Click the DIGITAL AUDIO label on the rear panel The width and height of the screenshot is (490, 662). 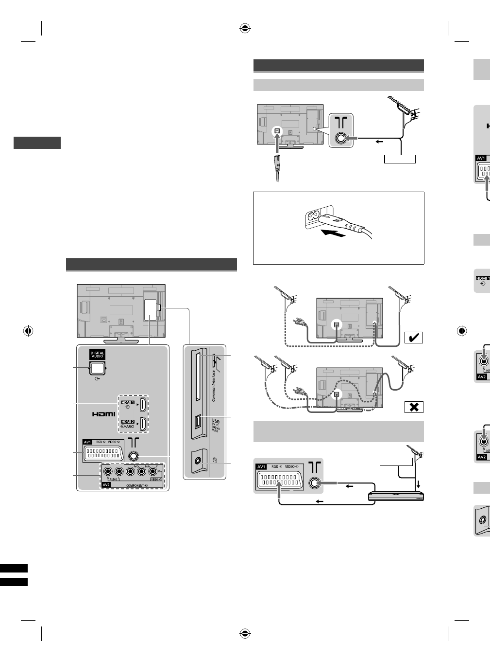pyautogui.click(x=97, y=355)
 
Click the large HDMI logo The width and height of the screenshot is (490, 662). pyautogui.click(x=104, y=414)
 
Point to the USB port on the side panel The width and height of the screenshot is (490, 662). pyautogui.click(x=197, y=423)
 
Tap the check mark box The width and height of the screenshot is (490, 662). pyautogui.click(x=413, y=338)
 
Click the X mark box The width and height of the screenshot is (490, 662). pyautogui.click(x=413, y=407)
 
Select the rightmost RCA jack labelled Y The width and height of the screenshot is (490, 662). pyautogui.click(x=153, y=471)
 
